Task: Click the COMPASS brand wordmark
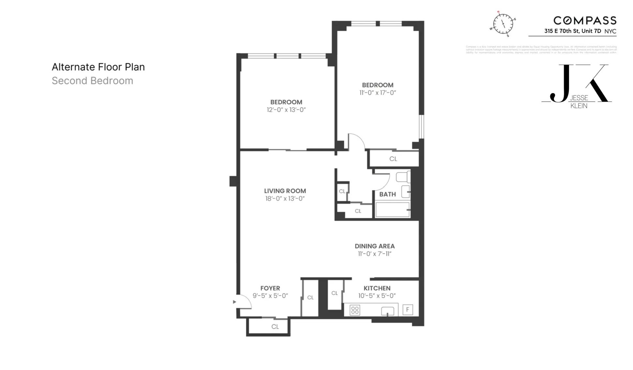pos(585,21)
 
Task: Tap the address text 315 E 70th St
pos(572,31)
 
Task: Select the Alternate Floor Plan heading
pos(98,67)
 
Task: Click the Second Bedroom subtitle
pos(92,81)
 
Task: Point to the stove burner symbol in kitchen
pos(355,310)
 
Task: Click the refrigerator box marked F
pos(407,309)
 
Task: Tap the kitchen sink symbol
pos(387,311)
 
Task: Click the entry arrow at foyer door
pos(234,302)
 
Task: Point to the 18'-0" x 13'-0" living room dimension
pos(285,199)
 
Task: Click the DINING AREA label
pos(375,246)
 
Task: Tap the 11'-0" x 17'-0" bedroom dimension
pos(377,93)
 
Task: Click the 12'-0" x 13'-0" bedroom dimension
pos(286,110)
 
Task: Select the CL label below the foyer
pos(275,327)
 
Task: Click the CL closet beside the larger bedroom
pos(393,159)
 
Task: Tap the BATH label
pos(387,194)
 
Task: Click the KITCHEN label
pos(377,288)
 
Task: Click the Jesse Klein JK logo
pos(577,86)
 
